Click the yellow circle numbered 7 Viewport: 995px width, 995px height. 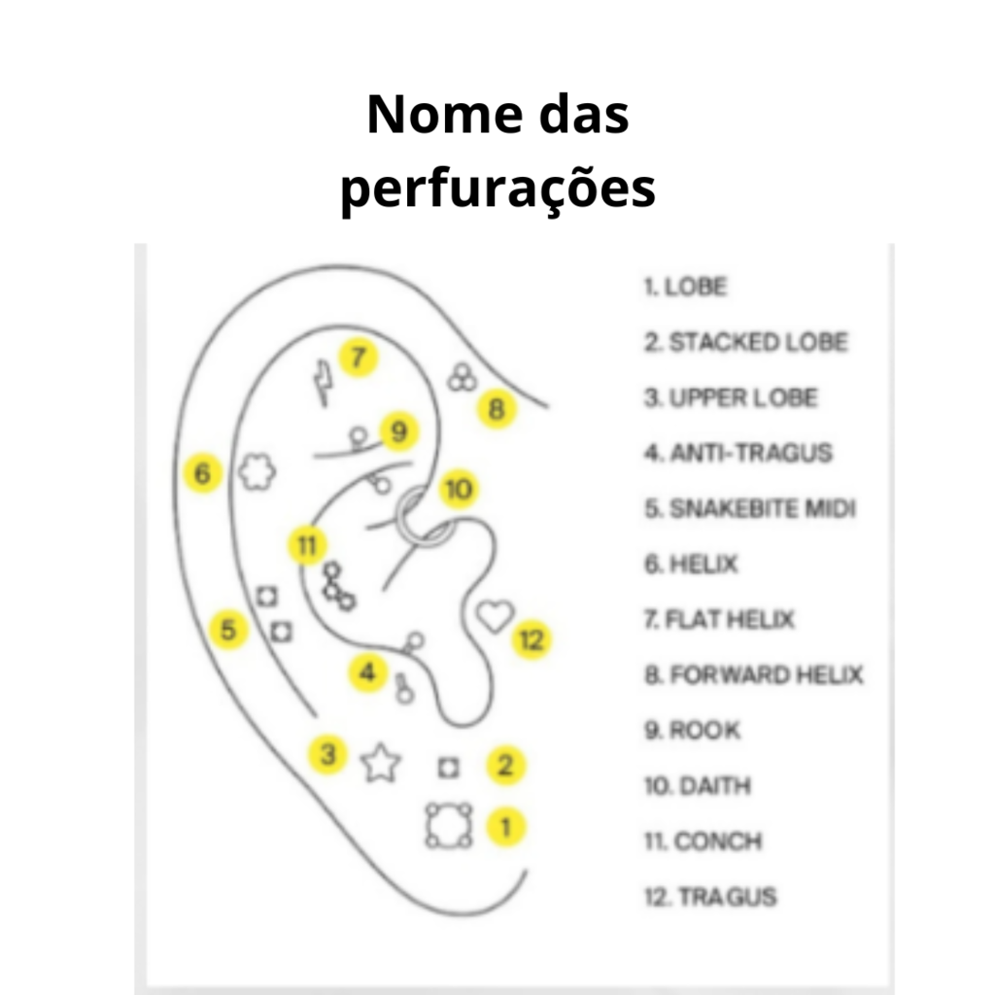coord(359,358)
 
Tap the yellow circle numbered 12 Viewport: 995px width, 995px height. coord(532,639)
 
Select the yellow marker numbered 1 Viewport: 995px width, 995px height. coord(505,827)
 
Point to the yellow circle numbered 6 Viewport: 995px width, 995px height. coord(202,473)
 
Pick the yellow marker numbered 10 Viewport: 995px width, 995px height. coord(459,489)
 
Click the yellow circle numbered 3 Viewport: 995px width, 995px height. coord(327,754)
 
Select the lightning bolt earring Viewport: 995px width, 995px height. coord(324,383)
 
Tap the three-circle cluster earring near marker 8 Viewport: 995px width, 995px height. coord(462,378)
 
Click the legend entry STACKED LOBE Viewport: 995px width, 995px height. coord(746,342)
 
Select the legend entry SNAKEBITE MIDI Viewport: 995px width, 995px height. coord(750,508)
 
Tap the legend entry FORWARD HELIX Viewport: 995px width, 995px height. coord(754,674)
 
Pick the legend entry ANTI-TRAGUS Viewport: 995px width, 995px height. coord(738,453)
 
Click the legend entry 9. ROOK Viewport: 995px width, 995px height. coord(692,730)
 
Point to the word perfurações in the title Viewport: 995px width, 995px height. coord(498,189)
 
